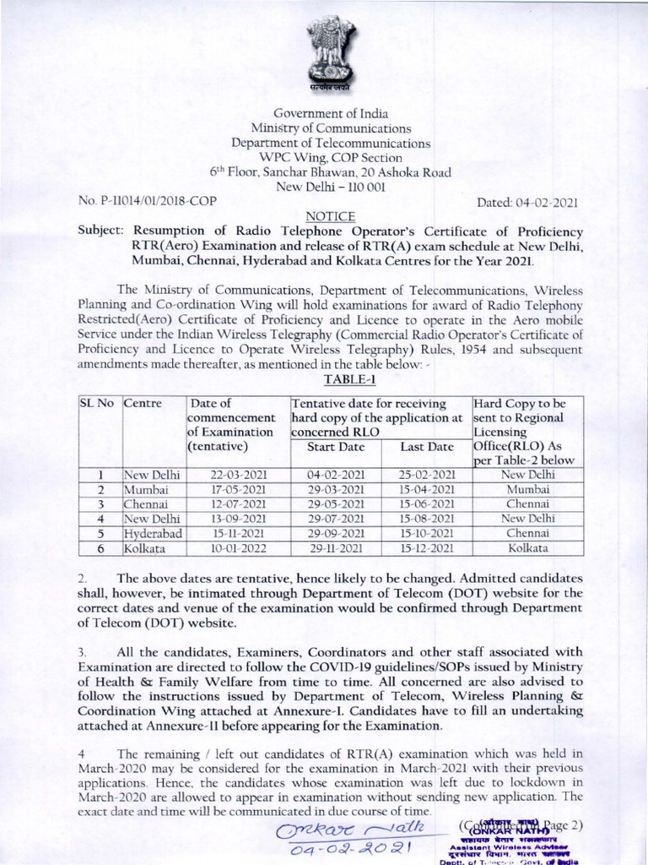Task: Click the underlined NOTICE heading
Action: pos(324,217)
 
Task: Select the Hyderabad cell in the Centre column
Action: pos(152,535)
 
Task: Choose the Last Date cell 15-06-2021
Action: pos(427,505)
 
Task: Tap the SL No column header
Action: pos(97,403)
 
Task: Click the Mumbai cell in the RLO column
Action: pos(525,490)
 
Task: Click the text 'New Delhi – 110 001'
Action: pos(324,188)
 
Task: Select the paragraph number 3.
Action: pos(82,653)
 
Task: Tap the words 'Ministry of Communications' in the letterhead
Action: pos(324,129)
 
